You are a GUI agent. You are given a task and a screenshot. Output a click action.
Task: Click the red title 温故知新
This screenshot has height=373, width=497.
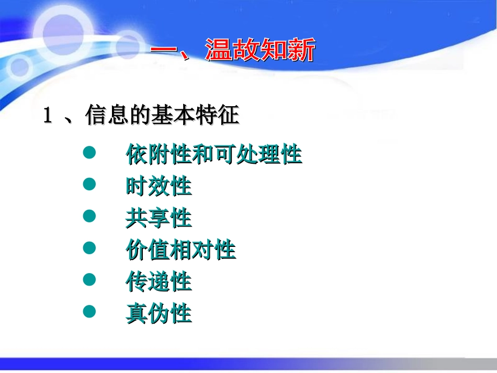[x=260, y=51]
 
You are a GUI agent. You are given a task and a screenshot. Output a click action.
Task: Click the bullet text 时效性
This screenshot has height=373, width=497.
[x=159, y=186]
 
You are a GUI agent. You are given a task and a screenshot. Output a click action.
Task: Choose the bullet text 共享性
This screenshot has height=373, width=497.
[x=159, y=218]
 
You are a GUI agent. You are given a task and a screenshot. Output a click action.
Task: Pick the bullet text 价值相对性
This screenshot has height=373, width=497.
[x=181, y=250]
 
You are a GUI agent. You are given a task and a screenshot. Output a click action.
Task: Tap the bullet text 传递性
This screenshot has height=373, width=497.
[x=159, y=282]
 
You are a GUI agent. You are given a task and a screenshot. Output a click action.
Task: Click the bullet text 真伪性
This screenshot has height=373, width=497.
[x=159, y=314]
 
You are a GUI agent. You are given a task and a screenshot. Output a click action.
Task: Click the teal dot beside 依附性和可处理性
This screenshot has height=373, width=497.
[x=90, y=153]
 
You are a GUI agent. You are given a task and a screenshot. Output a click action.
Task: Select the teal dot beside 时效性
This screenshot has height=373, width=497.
[x=90, y=184]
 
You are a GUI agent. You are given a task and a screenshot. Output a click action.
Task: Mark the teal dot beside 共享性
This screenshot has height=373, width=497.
[x=90, y=216]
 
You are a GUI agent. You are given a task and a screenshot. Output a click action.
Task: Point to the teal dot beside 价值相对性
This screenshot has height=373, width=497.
[x=90, y=248]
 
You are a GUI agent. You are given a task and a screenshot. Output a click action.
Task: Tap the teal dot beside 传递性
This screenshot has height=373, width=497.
[x=90, y=280]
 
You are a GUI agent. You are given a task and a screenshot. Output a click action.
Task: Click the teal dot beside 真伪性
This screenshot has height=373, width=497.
[x=90, y=312]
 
